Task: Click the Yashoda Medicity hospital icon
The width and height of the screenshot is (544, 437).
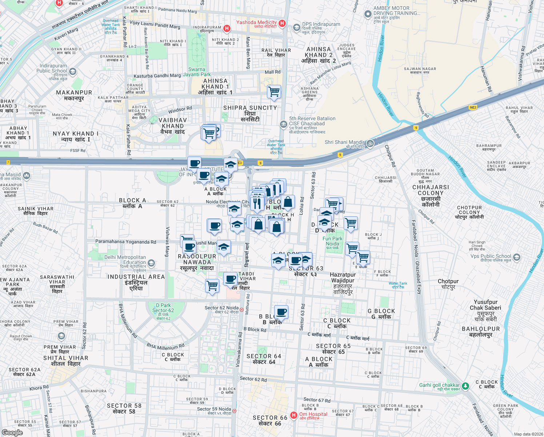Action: click(282, 24)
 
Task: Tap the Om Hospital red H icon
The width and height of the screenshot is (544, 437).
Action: click(294, 415)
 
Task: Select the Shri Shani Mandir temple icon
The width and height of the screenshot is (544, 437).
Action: click(370, 143)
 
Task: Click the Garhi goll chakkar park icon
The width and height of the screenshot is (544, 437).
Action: click(465, 385)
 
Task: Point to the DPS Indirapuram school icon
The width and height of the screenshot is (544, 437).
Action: click(297, 28)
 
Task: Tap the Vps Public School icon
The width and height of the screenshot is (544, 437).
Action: click(516, 257)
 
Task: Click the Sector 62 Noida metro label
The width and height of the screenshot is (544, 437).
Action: click(221, 308)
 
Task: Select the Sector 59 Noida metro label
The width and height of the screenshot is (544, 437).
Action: click(214, 409)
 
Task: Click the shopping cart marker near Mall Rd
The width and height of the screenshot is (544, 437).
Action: click(274, 92)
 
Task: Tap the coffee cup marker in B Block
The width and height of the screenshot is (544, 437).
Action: click(281, 312)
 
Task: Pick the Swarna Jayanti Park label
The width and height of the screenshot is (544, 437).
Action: click(197, 72)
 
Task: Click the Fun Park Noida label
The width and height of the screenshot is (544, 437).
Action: click(332, 241)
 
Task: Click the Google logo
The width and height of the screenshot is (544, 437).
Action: click(12, 433)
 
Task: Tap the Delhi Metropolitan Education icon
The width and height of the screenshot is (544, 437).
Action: click(151, 263)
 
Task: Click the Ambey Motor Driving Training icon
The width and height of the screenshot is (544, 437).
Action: click(368, 14)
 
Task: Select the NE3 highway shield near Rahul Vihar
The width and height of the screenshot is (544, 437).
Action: click(473, 107)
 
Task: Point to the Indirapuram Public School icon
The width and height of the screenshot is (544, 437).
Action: click(73, 71)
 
